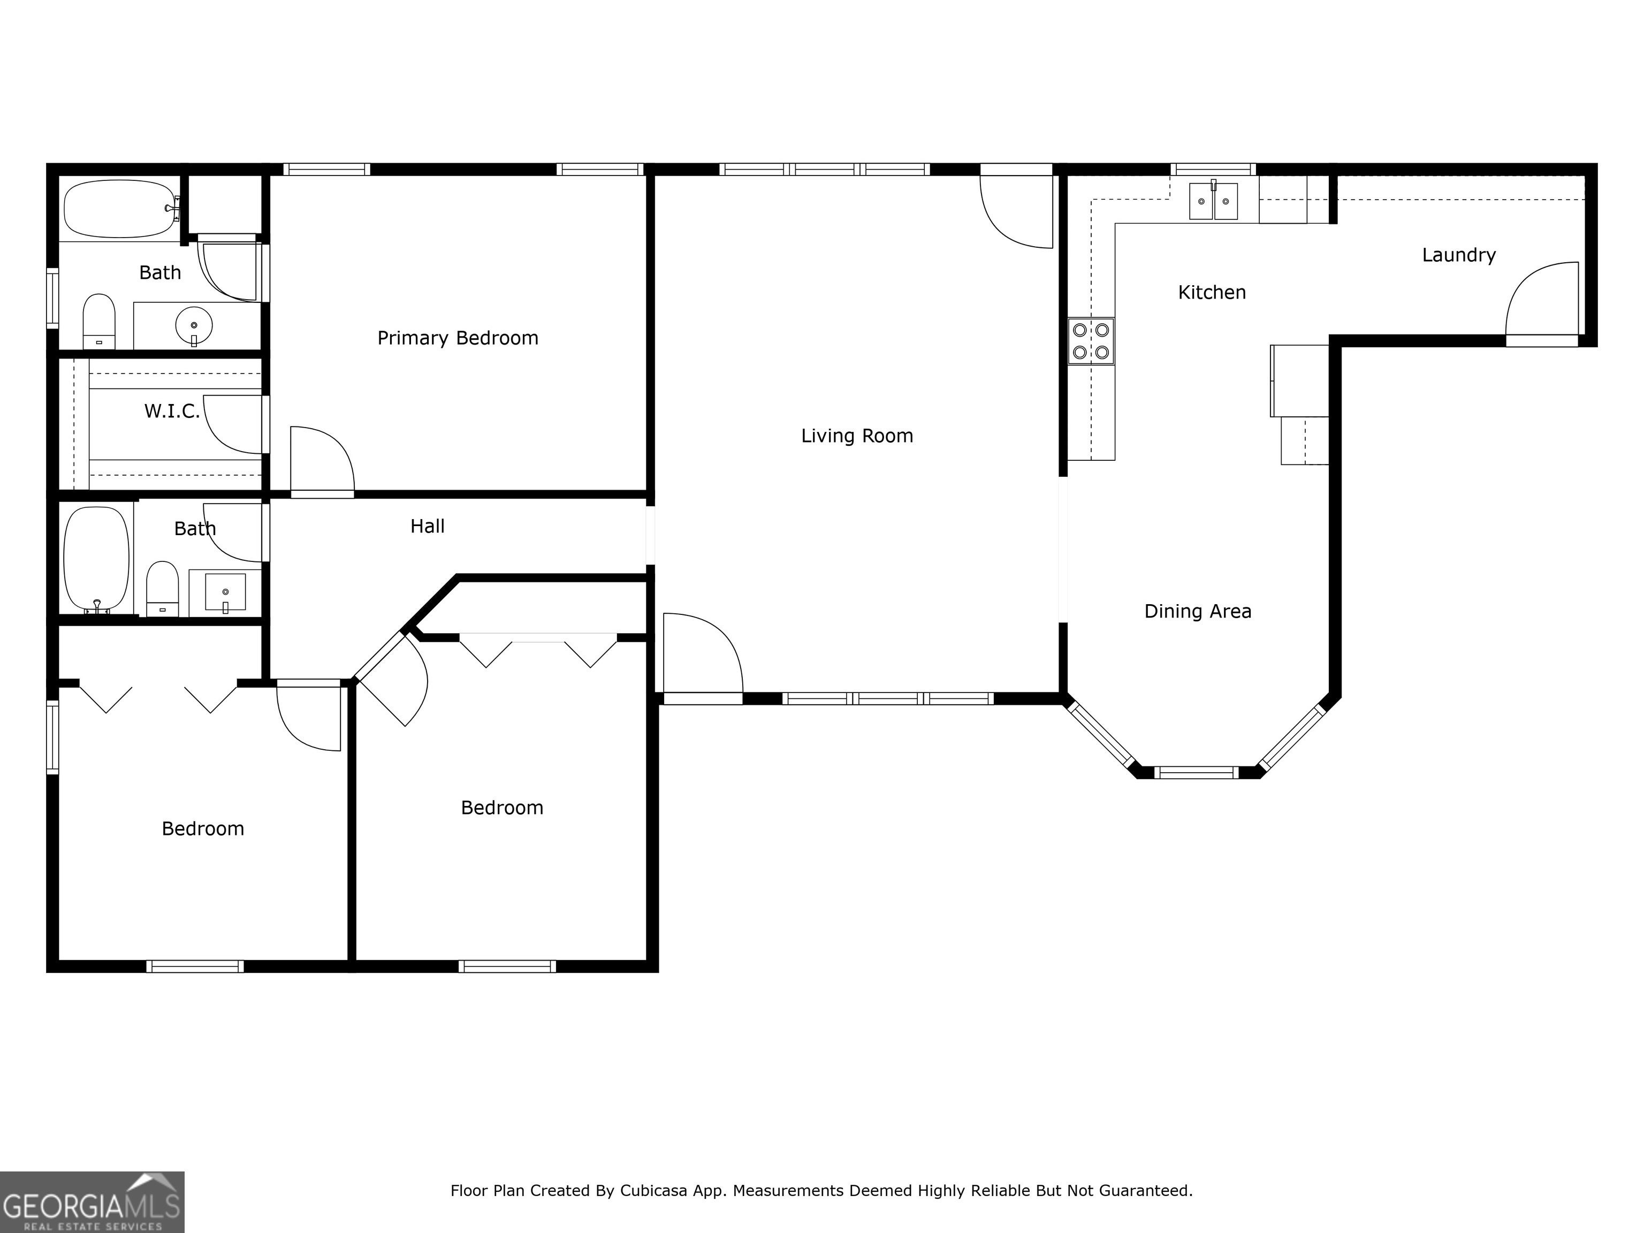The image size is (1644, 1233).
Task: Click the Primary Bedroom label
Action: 458,338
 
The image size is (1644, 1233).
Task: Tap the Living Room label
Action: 857,436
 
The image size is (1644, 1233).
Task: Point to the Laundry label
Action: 1459,255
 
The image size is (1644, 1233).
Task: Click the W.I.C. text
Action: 172,411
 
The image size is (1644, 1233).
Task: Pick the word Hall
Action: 428,526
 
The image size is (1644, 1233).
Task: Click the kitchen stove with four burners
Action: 1091,341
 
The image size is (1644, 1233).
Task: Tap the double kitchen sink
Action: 1214,201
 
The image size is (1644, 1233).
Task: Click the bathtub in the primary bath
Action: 120,209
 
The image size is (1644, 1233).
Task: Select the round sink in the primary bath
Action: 194,325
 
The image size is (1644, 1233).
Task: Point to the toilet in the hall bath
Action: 163,589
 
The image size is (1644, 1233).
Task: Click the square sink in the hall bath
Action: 225,591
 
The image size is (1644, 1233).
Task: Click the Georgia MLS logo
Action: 92,1202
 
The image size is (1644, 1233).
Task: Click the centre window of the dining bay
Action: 1197,773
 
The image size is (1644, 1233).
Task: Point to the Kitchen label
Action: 1212,292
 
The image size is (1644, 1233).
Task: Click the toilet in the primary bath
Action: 99,321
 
